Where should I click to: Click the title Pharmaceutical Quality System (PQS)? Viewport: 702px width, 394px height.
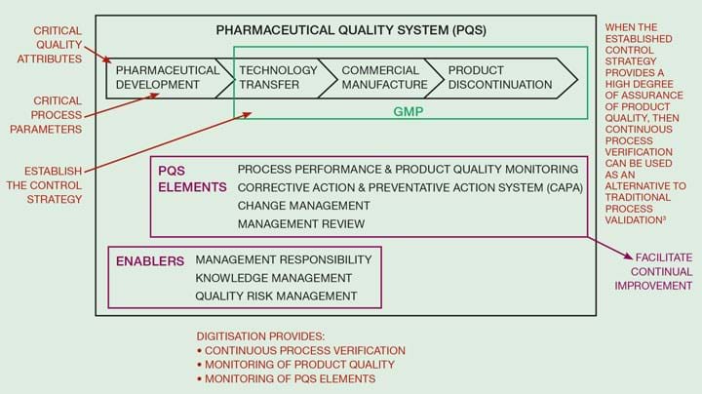[x=351, y=30]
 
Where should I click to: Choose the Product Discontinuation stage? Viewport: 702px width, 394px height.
[x=500, y=78]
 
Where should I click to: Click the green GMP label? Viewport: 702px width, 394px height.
[x=408, y=111]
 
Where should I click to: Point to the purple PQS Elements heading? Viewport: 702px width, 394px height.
[x=192, y=178]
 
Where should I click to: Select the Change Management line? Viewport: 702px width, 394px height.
[x=303, y=206]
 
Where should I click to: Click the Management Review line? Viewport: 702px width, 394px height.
[x=301, y=224]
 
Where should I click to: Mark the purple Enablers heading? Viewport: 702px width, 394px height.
[x=150, y=261]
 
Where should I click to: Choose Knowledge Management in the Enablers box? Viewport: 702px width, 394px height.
[x=273, y=278]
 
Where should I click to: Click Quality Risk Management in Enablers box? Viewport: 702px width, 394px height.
[x=276, y=295]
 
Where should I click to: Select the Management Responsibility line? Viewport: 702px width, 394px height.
[x=284, y=259]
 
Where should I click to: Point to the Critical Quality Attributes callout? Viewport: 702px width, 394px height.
[x=50, y=45]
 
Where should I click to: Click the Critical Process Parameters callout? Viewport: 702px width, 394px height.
[x=46, y=115]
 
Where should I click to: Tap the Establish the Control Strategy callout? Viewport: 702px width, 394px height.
[x=44, y=185]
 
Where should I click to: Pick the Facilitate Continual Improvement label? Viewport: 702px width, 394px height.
[x=653, y=271]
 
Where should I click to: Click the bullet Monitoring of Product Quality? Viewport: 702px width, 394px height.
[x=295, y=365]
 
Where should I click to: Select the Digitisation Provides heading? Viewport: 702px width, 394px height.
[x=260, y=336]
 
